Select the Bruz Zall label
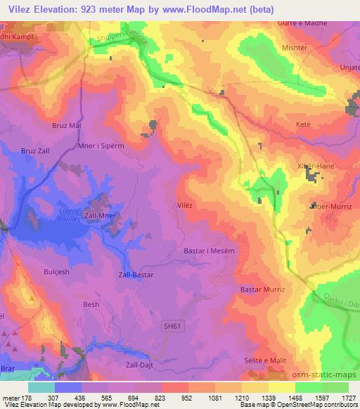click(36, 150)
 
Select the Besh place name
click(91, 304)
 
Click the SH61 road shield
click(172, 326)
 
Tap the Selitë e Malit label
click(265, 360)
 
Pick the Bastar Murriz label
click(262, 289)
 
